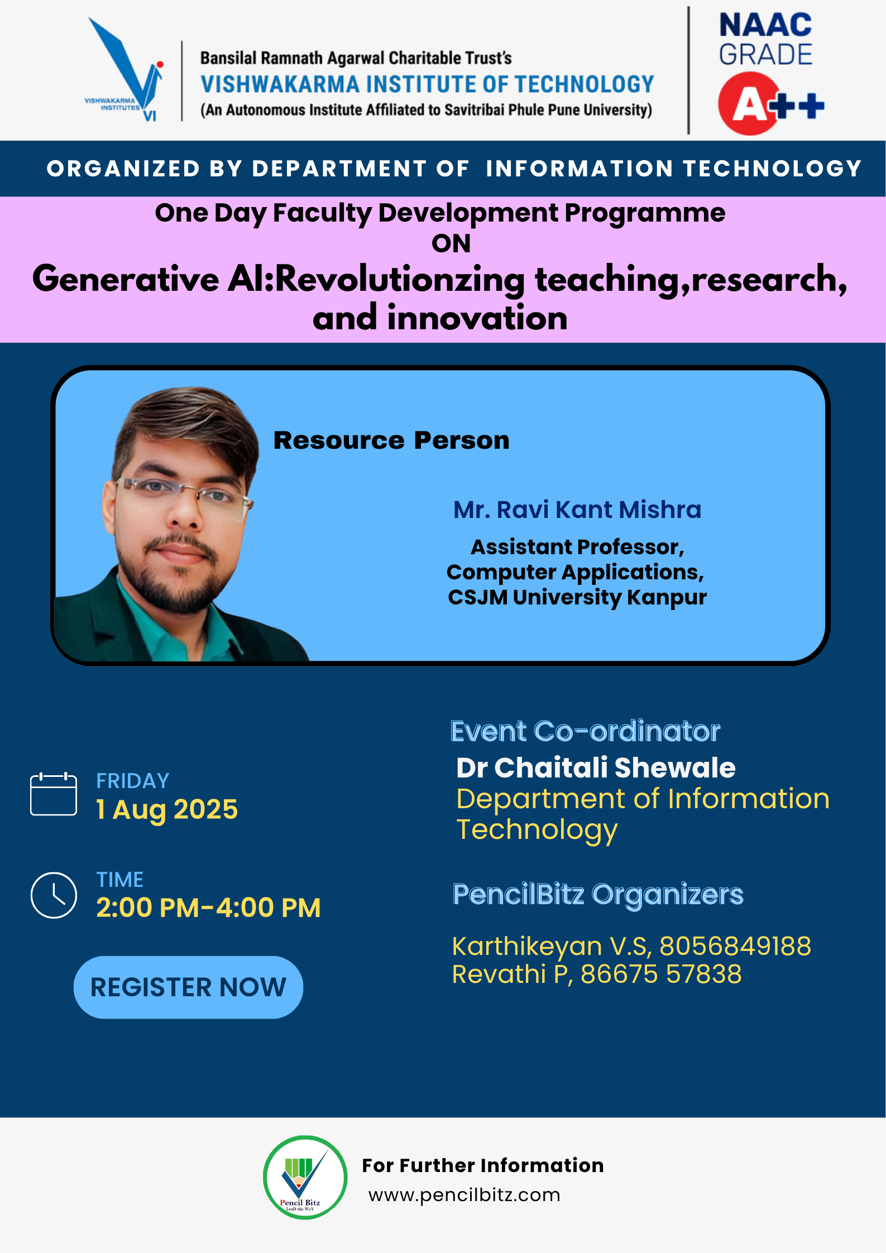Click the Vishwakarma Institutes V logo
(124, 69)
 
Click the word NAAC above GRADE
(765, 25)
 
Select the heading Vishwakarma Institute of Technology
(427, 84)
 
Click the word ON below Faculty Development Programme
(451, 243)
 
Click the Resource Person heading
(391, 440)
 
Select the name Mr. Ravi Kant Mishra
(577, 510)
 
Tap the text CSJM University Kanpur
(577, 597)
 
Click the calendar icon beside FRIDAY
(54, 794)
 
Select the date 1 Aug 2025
(167, 810)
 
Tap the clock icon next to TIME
(54, 895)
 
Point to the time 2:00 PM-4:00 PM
(208, 908)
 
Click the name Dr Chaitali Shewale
(596, 768)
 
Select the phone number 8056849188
(735, 946)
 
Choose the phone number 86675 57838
(661, 974)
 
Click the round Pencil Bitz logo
(305, 1177)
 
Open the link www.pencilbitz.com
(464, 1195)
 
